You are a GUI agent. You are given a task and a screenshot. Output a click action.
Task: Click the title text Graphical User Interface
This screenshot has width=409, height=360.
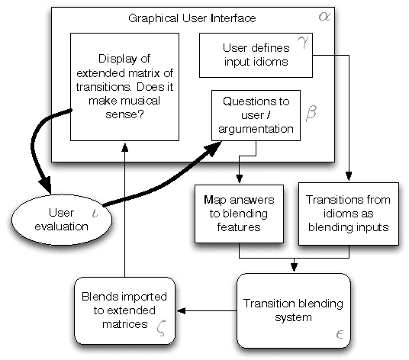192,17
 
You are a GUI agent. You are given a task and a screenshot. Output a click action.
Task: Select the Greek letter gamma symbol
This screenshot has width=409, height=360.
301,43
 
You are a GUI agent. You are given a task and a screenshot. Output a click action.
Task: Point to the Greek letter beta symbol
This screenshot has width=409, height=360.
310,114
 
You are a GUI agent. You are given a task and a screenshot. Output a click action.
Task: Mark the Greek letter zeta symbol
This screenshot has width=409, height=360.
160,326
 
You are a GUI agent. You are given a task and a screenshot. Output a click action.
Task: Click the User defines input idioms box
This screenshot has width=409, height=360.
256,55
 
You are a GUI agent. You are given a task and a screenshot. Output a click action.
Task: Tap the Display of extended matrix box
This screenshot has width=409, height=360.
118,86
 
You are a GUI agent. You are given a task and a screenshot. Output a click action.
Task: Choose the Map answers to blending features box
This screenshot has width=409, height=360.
240,213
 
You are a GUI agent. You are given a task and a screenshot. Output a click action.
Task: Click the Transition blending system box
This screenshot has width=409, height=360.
293,310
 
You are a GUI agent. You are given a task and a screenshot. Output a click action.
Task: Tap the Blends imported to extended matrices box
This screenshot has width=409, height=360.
122,309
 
